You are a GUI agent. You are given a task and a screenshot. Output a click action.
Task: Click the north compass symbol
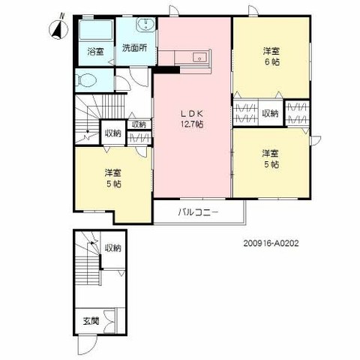pyautogui.click(x=58, y=28)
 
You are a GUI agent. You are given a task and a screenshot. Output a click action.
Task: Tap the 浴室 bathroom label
pyautogui.click(x=96, y=52)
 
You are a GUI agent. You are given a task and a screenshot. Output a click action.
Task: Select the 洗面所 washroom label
pyautogui.click(x=134, y=48)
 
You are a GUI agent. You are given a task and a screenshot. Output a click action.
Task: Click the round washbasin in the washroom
pyautogui.click(x=145, y=25)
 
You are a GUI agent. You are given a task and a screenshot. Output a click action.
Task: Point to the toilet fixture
pyautogui.click(x=87, y=81)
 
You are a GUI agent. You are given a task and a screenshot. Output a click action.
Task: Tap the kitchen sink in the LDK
pyautogui.click(x=199, y=58)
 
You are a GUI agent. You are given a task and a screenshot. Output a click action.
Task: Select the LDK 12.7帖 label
pyautogui.click(x=192, y=119)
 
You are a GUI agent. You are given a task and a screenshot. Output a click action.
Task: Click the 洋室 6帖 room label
pyautogui.click(x=271, y=56)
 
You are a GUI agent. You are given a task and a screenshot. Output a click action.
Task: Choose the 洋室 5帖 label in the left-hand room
pyautogui.click(x=113, y=178)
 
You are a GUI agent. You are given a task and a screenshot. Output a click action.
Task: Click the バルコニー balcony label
pyautogui.click(x=198, y=212)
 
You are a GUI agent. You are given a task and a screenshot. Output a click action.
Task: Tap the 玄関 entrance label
pyautogui.click(x=91, y=321)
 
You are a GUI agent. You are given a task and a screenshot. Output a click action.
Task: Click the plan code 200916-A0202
pyautogui.click(x=271, y=243)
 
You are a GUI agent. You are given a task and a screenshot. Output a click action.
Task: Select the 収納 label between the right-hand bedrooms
pyautogui.click(x=270, y=114)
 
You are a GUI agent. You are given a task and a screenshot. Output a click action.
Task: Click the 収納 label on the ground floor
pyautogui.click(x=112, y=248)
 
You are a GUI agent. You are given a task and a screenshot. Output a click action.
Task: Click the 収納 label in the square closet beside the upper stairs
pyautogui.click(x=112, y=133)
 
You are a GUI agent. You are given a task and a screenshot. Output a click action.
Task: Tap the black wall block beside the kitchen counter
pyautogui.click(x=166, y=70)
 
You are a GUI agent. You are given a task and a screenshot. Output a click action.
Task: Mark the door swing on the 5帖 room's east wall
pyautogui.click(x=315, y=141)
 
